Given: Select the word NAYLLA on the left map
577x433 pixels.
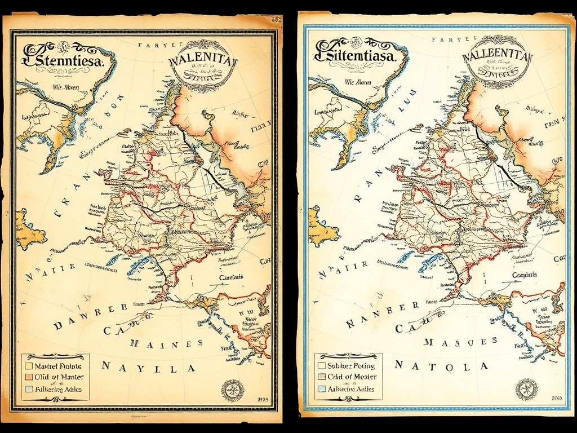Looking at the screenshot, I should tap(149, 368).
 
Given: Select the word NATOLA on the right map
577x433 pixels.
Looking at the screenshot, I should tap(441, 365).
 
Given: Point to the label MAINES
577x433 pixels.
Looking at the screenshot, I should tap(166, 343).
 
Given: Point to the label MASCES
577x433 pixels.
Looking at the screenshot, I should tap(460, 341).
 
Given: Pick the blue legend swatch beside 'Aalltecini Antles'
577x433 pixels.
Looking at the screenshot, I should tap(322, 389).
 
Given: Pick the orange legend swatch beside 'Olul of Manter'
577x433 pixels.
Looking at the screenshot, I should tap(29, 377).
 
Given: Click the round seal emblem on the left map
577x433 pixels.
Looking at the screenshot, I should tap(232, 391).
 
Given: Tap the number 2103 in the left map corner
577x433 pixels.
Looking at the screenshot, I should tap(263, 399).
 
